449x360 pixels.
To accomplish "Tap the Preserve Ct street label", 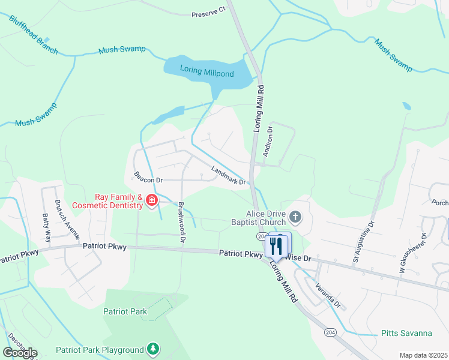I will pos(208,13).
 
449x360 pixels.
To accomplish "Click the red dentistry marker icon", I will pos(152,200).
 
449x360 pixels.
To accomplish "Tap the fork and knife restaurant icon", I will pos(277,245).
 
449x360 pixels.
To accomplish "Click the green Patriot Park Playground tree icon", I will pos(154,349).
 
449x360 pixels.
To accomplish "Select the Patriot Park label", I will pos(125,311).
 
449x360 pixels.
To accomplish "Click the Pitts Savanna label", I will pos(406,333).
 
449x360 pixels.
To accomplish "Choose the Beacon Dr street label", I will pos(148,178).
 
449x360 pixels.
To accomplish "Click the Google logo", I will pos(20,352).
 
